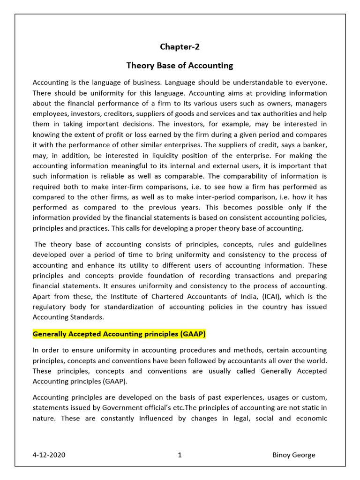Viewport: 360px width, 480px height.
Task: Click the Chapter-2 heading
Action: [180, 46]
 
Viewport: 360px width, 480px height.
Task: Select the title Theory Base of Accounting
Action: [180, 65]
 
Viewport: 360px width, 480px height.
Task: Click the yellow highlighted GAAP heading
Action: [119, 334]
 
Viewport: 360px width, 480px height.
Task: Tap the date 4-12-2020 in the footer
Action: [49, 455]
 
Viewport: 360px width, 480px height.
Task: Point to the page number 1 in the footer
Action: [180, 455]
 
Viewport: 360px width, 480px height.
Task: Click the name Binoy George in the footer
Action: [294, 455]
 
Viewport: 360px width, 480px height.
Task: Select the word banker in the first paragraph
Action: [315, 145]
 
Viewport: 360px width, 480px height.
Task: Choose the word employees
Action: [49, 114]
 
